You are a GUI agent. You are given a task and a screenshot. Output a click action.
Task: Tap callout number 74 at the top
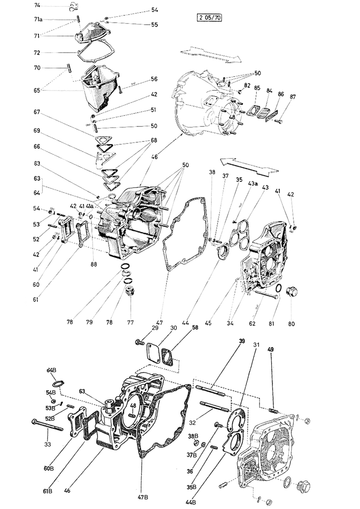(38, 5)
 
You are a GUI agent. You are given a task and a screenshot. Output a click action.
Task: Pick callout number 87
(293, 97)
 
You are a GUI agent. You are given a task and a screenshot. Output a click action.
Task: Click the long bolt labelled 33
(47, 425)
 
